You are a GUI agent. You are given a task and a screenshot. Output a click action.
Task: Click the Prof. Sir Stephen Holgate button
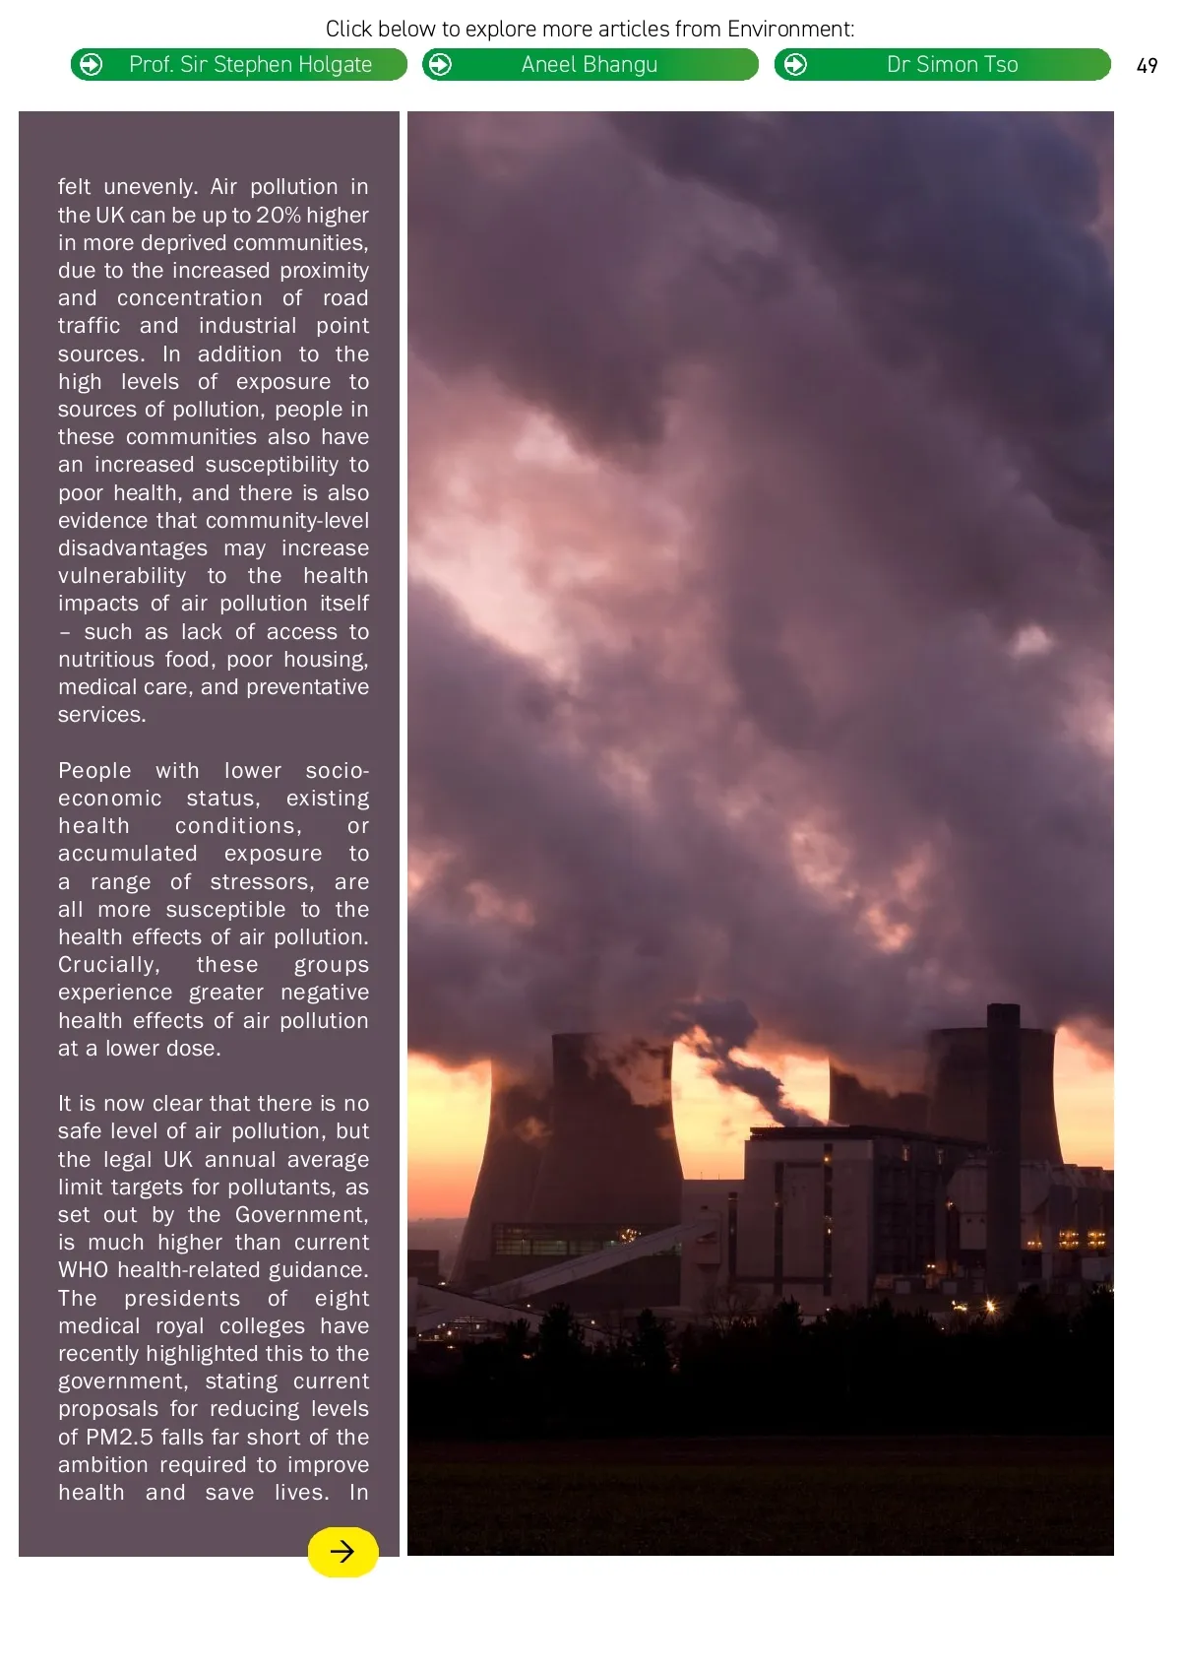pos(239,65)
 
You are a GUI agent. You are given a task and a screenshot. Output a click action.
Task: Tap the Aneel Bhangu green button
pos(590,65)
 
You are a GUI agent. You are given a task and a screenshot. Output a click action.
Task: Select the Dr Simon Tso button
pos(943,65)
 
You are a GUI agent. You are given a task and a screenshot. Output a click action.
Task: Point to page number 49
pos(1147,66)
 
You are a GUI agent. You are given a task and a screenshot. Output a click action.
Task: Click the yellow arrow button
pos(342,1552)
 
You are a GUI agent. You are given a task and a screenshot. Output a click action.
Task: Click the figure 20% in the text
pos(279,216)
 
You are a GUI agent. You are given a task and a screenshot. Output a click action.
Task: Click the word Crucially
pos(108,965)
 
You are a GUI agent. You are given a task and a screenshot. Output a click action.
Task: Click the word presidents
pos(182,1299)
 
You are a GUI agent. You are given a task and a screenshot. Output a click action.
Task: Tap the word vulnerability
pos(122,576)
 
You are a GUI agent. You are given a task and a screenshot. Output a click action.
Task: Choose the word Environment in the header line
pos(789,30)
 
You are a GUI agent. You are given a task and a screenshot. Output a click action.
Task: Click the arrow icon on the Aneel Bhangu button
pos(441,65)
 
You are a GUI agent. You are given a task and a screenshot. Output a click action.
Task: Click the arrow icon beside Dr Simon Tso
pos(795,65)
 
